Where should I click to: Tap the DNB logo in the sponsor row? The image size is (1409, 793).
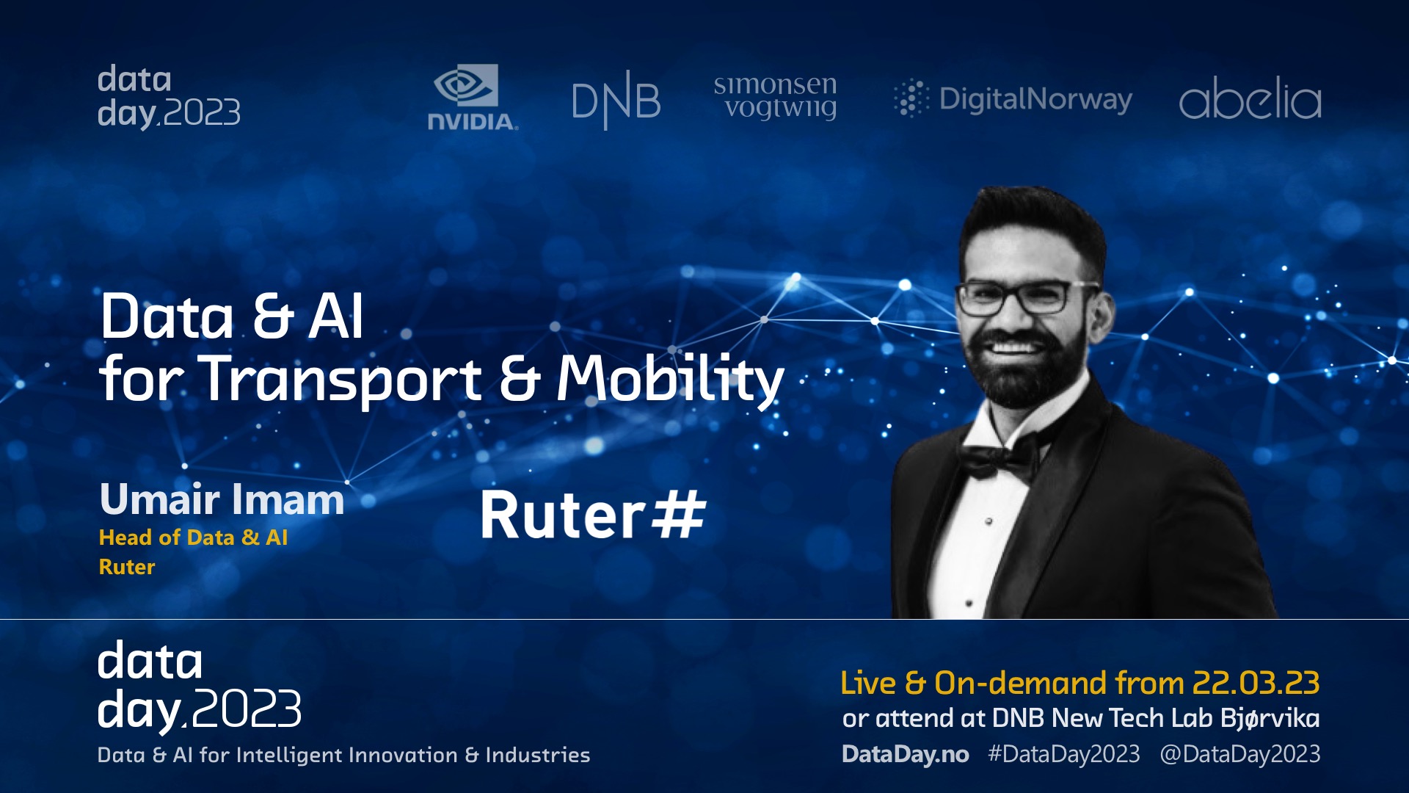616,100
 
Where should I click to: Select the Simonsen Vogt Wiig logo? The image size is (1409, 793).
775,96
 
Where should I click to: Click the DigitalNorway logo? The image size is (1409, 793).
1013,99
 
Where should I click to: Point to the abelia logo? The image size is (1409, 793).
1250,98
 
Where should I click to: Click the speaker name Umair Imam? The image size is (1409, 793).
222,499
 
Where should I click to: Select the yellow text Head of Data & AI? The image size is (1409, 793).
193,537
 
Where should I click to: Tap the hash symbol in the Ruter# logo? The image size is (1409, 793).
678,515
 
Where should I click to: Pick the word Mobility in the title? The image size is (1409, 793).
670,379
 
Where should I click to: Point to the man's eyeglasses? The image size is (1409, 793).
1027,297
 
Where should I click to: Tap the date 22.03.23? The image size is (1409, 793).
1256,683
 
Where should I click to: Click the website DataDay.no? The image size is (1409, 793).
906,754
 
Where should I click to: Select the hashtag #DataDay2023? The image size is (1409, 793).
1064,754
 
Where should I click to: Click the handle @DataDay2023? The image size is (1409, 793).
1240,754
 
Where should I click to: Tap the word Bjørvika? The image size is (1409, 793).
1270,718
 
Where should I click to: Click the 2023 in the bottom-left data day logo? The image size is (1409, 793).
247,709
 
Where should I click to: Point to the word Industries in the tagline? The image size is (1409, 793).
538,755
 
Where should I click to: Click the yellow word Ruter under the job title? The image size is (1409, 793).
127,567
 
